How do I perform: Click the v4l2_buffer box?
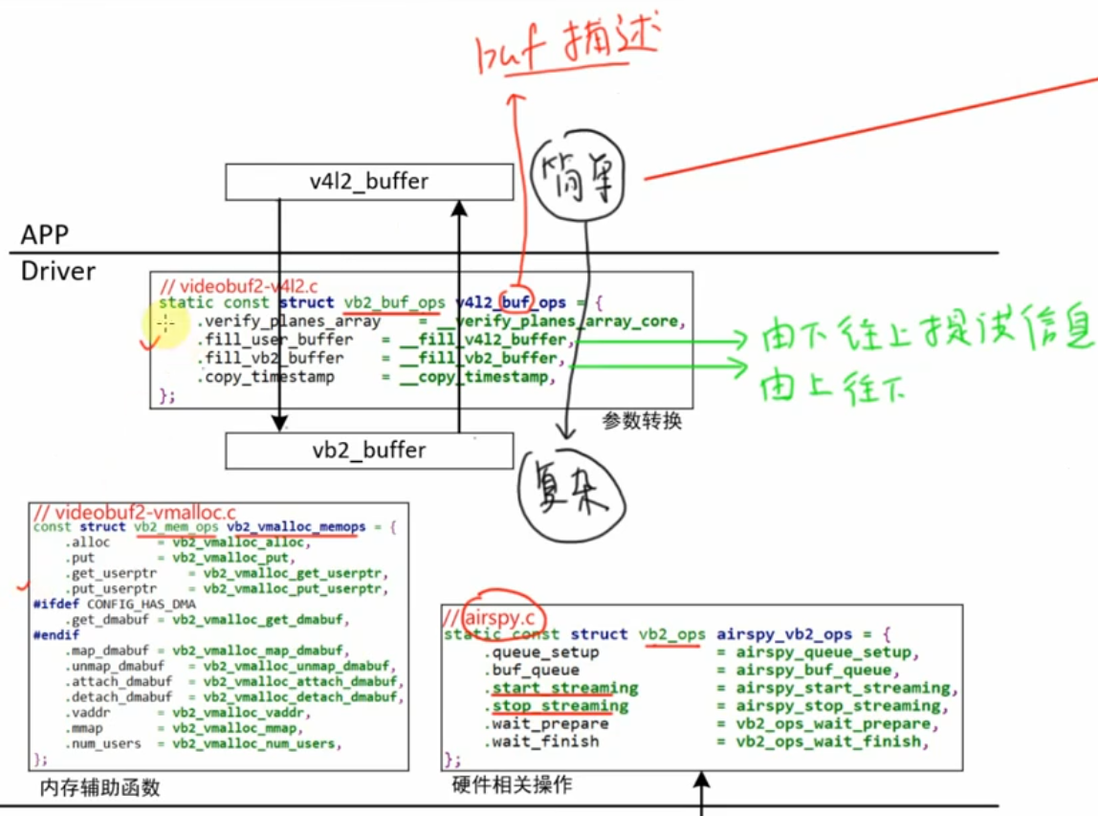coord(368,182)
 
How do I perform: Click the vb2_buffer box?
coord(368,451)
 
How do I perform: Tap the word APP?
coord(45,235)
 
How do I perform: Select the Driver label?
coord(58,271)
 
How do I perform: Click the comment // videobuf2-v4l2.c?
coord(238,285)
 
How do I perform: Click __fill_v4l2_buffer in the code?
coord(484,340)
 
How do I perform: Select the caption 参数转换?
coord(642,421)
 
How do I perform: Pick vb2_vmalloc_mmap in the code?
coord(243,728)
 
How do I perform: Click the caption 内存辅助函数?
coord(99,787)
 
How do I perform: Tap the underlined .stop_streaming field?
coord(560,706)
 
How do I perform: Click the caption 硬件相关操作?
coord(511,784)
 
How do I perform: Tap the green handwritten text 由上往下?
coord(831,386)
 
